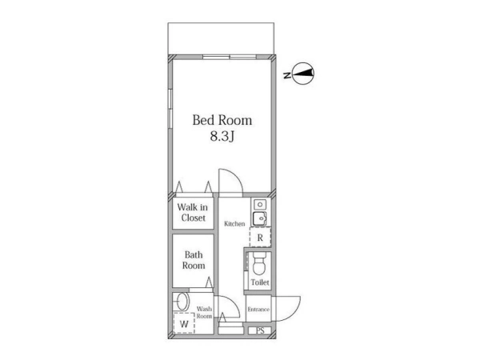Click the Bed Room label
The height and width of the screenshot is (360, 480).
(x=222, y=120)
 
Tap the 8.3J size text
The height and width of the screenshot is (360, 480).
(x=222, y=137)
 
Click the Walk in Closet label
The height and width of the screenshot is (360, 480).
(x=193, y=213)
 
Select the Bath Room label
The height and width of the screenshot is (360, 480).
(x=194, y=260)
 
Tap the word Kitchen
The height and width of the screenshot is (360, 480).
(x=234, y=224)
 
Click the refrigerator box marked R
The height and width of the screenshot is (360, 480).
(x=260, y=238)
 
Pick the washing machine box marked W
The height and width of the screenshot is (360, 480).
(x=184, y=323)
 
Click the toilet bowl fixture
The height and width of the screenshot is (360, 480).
(x=259, y=264)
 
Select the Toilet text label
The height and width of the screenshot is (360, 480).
(x=260, y=282)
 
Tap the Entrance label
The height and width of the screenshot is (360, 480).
(x=258, y=310)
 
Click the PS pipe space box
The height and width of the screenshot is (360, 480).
(x=260, y=330)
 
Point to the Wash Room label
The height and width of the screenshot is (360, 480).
(x=204, y=313)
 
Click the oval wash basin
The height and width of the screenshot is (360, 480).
(x=182, y=302)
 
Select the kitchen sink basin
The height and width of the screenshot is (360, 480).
(x=259, y=219)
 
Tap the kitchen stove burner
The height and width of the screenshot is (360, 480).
(x=260, y=205)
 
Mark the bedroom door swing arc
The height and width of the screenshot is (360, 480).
(x=237, y=176)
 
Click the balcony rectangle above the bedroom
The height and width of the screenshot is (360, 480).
(x=221, y=38)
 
